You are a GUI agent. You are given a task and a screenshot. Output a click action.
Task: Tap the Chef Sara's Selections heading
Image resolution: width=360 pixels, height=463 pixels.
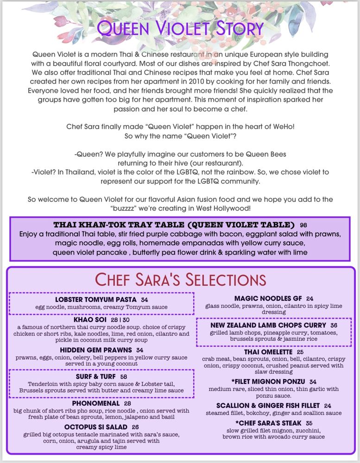[x=181, y=280]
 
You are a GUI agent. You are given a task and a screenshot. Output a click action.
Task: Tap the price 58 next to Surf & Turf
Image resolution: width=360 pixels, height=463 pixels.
[x=124, y=377]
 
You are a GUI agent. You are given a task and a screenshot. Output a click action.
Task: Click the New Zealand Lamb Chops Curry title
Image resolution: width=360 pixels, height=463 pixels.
[x=268, y=325]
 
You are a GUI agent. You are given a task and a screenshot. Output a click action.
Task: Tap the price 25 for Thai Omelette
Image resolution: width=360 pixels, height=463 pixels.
[x=300, y=352]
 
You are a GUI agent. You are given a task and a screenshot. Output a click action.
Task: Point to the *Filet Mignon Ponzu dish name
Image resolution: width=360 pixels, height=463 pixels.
[x=268, y=382]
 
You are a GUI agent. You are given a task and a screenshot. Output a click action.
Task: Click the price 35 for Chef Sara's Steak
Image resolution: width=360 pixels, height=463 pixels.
[x=309, y=423]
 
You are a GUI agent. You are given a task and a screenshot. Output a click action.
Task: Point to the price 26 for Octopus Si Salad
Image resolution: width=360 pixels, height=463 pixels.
[x=135, y=427]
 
